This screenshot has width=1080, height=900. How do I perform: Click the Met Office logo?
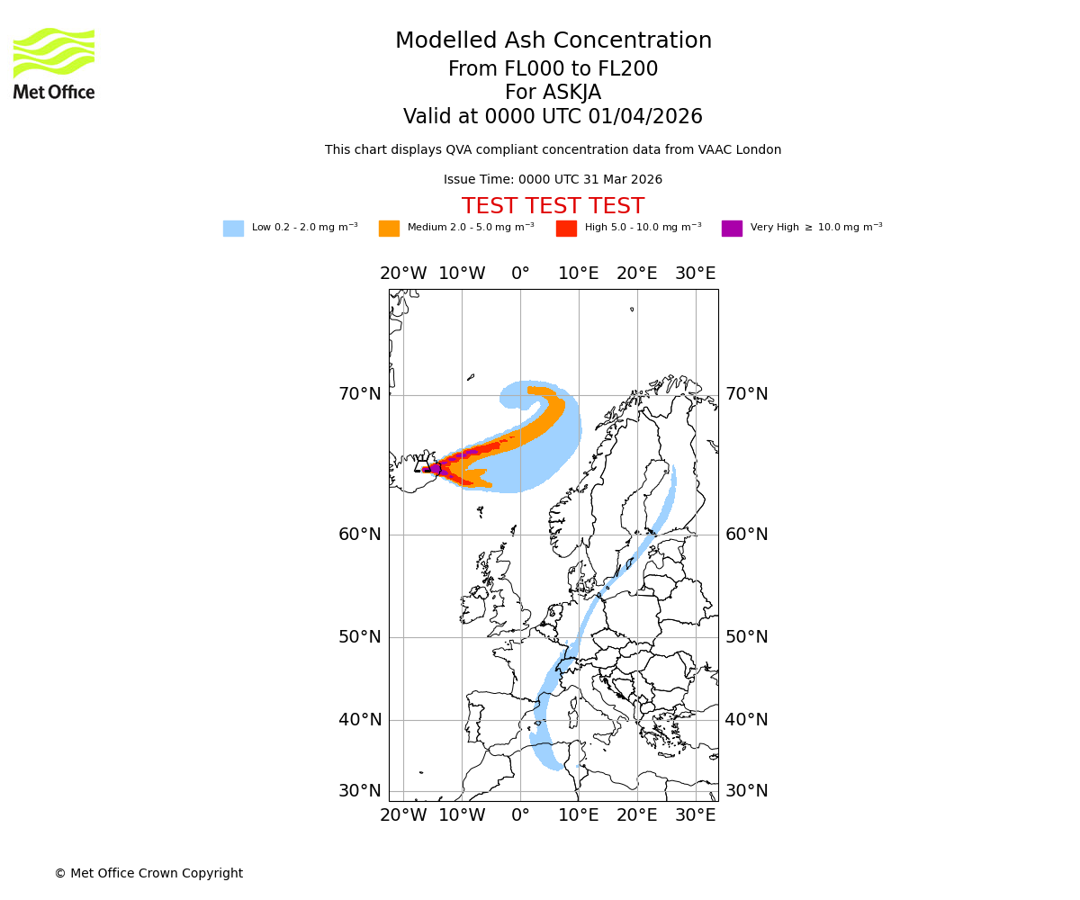[54, 63]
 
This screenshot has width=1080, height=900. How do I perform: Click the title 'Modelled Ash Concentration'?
[553, 41]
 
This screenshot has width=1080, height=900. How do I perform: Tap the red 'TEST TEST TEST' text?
[553, 206]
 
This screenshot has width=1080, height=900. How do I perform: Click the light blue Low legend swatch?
[233, 229]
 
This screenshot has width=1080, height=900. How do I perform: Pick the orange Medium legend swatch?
[389, 229]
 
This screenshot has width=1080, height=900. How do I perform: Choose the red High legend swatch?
[566, 229]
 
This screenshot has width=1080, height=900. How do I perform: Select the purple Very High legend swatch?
[732, 229]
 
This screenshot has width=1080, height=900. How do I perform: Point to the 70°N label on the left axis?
[360, 394]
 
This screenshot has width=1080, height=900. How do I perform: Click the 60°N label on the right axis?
[747, 535]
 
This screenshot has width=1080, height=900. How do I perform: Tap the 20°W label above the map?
[402, 274]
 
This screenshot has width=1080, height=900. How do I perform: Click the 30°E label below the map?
[695, 815]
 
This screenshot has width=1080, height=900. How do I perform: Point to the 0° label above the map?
[520, 274]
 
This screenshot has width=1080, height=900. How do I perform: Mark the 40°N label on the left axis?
[360, 720]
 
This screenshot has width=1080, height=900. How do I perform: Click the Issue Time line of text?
[553, 180]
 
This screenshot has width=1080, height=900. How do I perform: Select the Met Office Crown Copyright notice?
[148, 873]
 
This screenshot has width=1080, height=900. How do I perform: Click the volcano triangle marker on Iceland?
[421, 466]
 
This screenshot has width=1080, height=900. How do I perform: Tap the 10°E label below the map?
[578, 815]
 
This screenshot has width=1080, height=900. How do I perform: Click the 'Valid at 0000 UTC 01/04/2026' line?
[553, 117]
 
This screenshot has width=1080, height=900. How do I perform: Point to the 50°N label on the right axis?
[747, 637]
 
